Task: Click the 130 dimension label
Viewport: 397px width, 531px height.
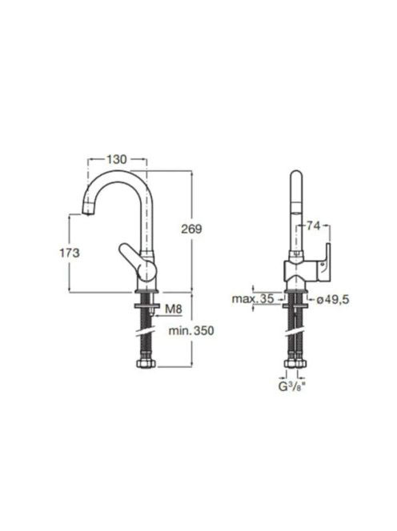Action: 117,159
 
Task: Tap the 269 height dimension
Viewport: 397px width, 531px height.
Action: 191,229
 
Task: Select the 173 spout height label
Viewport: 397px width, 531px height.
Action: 70,253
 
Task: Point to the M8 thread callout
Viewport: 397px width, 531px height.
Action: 174,309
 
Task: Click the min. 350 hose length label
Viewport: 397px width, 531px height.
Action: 191,330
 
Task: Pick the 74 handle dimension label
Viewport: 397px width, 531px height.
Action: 313,226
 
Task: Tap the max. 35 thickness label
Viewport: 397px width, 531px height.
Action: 253,299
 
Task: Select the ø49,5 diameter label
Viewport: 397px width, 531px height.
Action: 333,299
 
